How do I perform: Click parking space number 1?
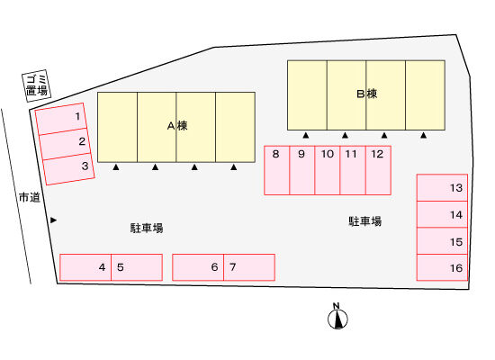pos(61,119)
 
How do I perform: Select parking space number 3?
pos(68,169)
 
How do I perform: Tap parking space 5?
pos(137,267)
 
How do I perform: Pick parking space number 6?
pos(198,267)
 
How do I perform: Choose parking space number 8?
pos(276,170)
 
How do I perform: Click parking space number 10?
pos(328,170)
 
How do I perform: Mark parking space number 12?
pos(378,170)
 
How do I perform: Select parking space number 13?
pos(442,187)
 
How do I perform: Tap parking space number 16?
pos(442,267)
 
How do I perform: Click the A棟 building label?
pos(177,126)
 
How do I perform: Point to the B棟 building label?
pos(366,94)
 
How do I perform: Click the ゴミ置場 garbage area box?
pos(37,85)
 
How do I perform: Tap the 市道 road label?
pos(30,197)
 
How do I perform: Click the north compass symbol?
pos(337,317)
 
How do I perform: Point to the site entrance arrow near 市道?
pos(54,220)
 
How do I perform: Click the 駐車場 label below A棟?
pos(147,228)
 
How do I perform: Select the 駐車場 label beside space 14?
pos(364,221)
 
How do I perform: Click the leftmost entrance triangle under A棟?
pos(116,167)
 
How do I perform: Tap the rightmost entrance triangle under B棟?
pos(423,135)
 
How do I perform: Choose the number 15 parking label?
pos(456,242)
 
